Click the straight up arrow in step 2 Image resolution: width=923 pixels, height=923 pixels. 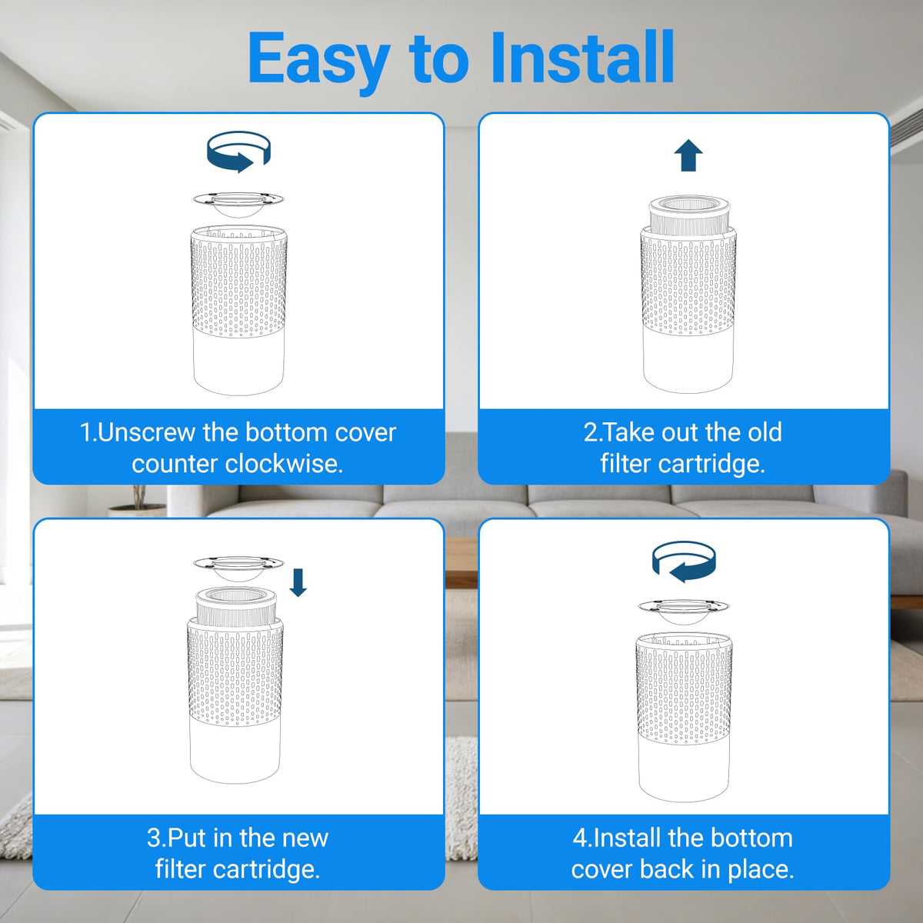(x=688, y=155)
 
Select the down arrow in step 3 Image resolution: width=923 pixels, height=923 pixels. (x=298, y=582)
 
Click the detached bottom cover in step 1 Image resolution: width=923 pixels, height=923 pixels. (x=238, y=204)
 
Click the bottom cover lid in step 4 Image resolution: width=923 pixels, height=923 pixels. (x=684, y=611)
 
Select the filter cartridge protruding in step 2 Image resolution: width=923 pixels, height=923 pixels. (x=688, y=215)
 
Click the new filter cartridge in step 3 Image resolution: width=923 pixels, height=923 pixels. (x=237, y=606)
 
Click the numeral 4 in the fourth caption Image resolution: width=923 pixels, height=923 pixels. (x=580, y=838)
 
